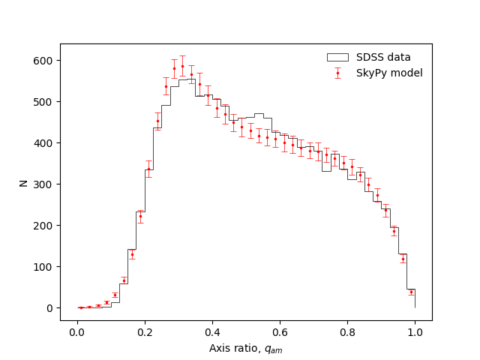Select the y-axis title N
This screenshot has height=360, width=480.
click(24, 182)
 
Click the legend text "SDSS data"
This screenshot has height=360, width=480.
click(383, 57)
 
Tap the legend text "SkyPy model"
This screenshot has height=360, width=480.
click(389, 73)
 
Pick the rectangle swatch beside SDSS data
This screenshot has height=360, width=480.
click(337, 57)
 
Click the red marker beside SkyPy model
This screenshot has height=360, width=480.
click(337, 73)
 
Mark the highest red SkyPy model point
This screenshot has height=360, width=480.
click(182, 66)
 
